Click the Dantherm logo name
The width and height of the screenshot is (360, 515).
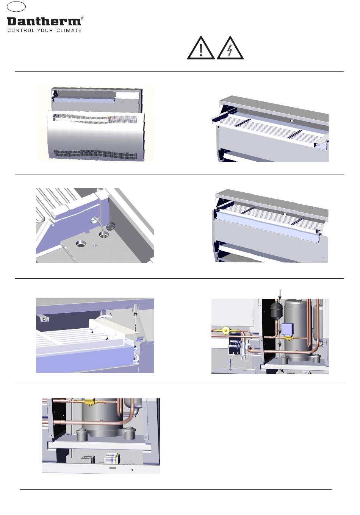click(x=44, y=22)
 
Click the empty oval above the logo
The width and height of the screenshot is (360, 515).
click(x=16, y=6)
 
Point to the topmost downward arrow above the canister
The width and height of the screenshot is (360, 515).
click(x=280, y=295)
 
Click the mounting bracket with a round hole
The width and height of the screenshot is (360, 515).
click(x=44, y=319)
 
